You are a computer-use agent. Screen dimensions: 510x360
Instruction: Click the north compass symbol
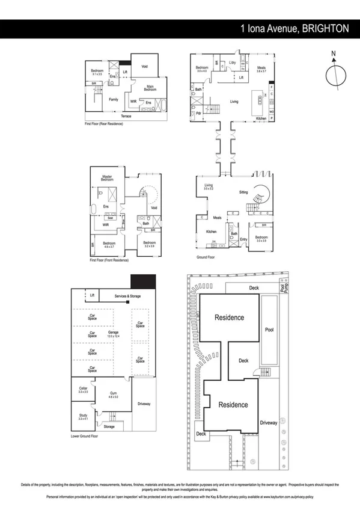pyautogui.click(x=334, y=76)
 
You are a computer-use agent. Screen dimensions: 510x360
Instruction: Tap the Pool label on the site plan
pyautogui.click(x=269, y=329)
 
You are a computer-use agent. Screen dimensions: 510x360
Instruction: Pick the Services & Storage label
pyautogui.click(x=120, y=295)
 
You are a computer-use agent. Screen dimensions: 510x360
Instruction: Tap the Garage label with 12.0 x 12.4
pyautogui.click(x=113, y=334)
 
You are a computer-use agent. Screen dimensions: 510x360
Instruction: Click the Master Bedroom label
pyautogui.click(x=107, y=177)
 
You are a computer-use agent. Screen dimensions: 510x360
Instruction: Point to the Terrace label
pyautogui.click(x=126, y=115)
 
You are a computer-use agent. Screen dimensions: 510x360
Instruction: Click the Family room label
pyautogui.click(x=113, y=99)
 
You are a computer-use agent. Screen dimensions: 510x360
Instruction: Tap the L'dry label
pyautogui.click(x=233, y=63)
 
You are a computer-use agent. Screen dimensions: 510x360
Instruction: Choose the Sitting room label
pyautogui.click(x=243, y=192)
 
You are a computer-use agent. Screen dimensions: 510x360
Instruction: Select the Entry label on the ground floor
pyautogui.click(x=243, y=239)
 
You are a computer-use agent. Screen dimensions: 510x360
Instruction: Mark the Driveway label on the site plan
pyautogui.click(x=269, y=423)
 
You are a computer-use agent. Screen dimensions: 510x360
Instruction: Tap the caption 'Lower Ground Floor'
pyautogui.click(x=85, y=435)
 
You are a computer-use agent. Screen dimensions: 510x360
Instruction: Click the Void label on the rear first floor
pyautogui.click(x=145, y=66)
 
